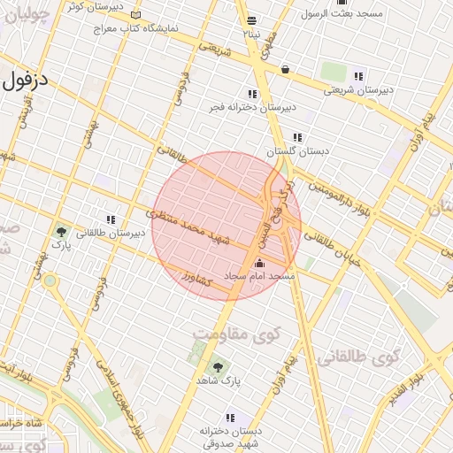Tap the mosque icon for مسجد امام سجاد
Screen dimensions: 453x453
tap(259, 263)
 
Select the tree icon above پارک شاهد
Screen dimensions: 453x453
tap(218, 365)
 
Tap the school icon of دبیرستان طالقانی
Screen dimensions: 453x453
tap(111, 219)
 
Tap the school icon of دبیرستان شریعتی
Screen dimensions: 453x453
tap(357, 76)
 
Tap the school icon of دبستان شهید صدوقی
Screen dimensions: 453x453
tap(231, 418)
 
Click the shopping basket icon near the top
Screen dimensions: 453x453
tap(285, 68)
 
